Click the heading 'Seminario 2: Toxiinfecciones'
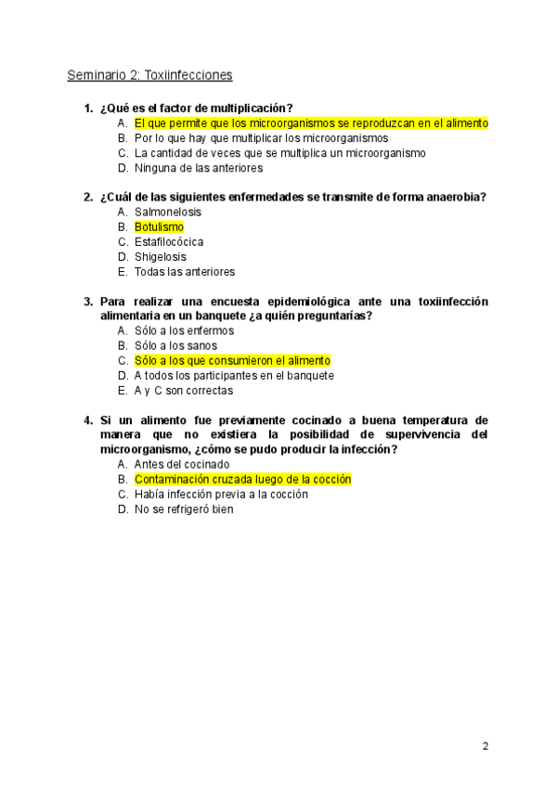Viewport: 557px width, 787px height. tap(149, 74)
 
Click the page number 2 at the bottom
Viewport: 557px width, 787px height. tap(485, 746)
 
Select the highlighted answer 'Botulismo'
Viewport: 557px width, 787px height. tap(159, 227)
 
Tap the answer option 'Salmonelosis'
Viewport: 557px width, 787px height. tap(168, 213)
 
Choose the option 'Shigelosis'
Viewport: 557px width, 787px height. tap(160, 257)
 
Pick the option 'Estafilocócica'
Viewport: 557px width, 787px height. tap(169, 242)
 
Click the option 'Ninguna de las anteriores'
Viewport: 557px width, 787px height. tap(199, 169)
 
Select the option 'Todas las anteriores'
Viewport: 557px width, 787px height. tap(185, 272)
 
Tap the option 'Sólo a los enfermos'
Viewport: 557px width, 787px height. tap(184, 331)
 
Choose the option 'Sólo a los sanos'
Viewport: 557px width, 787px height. tap(175, 346)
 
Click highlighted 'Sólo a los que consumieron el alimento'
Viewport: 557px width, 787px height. tap(232, 361)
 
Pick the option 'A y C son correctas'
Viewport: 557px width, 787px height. tap(184, 391)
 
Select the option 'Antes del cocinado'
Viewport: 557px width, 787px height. tap(182, 465)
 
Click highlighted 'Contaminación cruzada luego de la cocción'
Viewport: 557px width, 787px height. tap(243, 480)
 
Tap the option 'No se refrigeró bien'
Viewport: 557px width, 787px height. tap(184, 510)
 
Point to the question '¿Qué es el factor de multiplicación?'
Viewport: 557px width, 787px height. tap(197, 109)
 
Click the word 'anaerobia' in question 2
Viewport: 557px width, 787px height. tap(458, 198)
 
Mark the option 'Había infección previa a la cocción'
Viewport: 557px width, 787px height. tap(221, 495)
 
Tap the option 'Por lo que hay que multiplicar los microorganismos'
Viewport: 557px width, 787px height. tap(261, 138)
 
